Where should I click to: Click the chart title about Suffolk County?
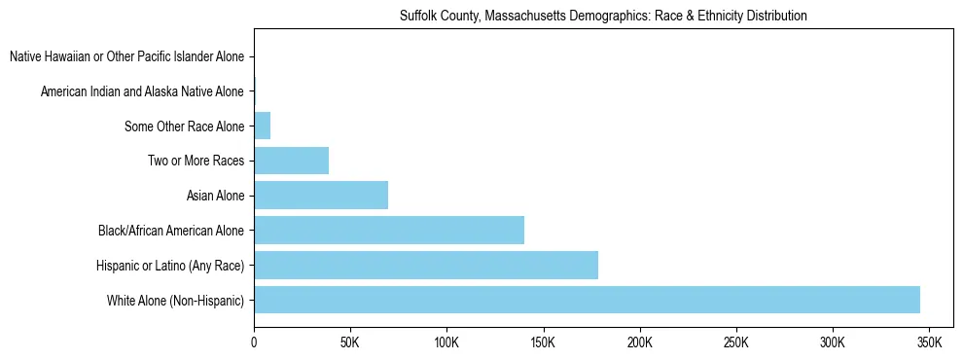tap(603, 17)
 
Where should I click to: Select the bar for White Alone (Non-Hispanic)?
tap(587, 300)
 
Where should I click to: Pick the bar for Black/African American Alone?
tap(389, 231)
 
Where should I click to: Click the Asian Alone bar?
tap(321, 196)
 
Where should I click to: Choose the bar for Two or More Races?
tap(291, 161)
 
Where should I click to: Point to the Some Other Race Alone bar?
tap(262, 126)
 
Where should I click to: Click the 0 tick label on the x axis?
tap(254, 343)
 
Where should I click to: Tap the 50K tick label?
tap(350, 343)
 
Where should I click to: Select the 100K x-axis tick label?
tap(446, 343)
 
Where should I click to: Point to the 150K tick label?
tap(543, 343)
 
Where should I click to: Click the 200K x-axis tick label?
tap(640, 343)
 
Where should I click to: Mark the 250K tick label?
tap(736, 343)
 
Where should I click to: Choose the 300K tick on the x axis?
tap(833, 343)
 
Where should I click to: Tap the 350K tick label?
tap(929, 343)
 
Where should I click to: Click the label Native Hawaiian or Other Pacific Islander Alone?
tap(126, 57)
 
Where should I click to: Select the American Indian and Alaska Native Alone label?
tap(142, 91)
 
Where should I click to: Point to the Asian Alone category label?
tap(215, 197)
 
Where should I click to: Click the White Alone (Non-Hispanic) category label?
tap(175, 301)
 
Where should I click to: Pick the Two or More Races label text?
tap(196, 162)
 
